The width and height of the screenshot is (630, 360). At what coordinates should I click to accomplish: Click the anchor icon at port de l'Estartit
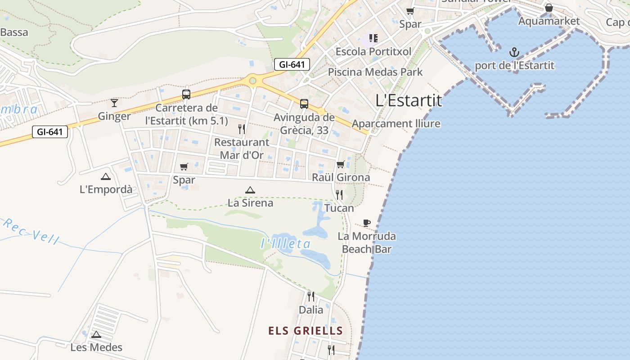click(514, 52)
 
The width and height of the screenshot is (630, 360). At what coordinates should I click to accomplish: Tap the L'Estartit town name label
click(409, 100)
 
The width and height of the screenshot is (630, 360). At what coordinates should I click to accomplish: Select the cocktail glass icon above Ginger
click(114, 103)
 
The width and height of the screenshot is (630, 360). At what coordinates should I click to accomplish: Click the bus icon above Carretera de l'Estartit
click(186, 94)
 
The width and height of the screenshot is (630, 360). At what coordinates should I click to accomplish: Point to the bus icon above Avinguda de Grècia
click(304, 104)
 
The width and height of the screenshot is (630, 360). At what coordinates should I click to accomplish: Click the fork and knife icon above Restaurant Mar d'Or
click(242, 129)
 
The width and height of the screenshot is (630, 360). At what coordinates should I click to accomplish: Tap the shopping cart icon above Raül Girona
click(341, 164)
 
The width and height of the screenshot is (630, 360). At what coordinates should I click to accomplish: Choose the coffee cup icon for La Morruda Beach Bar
click(367, 223)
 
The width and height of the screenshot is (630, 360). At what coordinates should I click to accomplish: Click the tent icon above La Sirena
click(250, 190)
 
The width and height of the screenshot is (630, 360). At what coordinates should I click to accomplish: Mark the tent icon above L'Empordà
click(106, 176)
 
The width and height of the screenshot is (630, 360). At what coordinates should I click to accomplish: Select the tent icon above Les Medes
click(96, 334)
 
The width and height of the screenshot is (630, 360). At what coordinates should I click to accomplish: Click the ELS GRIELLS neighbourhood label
click(306, 331)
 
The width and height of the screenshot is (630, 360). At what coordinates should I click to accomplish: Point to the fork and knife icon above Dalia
click(311, 296)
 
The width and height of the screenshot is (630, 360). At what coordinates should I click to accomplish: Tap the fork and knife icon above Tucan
click(339, 195)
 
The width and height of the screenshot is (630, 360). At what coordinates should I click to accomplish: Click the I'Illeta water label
click(286, 244)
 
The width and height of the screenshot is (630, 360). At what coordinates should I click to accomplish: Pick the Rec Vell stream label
click(31, 231)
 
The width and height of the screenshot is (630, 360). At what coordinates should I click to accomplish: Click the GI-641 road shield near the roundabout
click(292, 64)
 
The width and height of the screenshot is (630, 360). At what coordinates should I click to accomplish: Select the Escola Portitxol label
click(373, 51)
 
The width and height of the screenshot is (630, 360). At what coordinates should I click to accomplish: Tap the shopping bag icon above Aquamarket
click(549, 8)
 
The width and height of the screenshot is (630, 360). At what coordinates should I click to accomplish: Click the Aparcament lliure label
click(396, 124)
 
